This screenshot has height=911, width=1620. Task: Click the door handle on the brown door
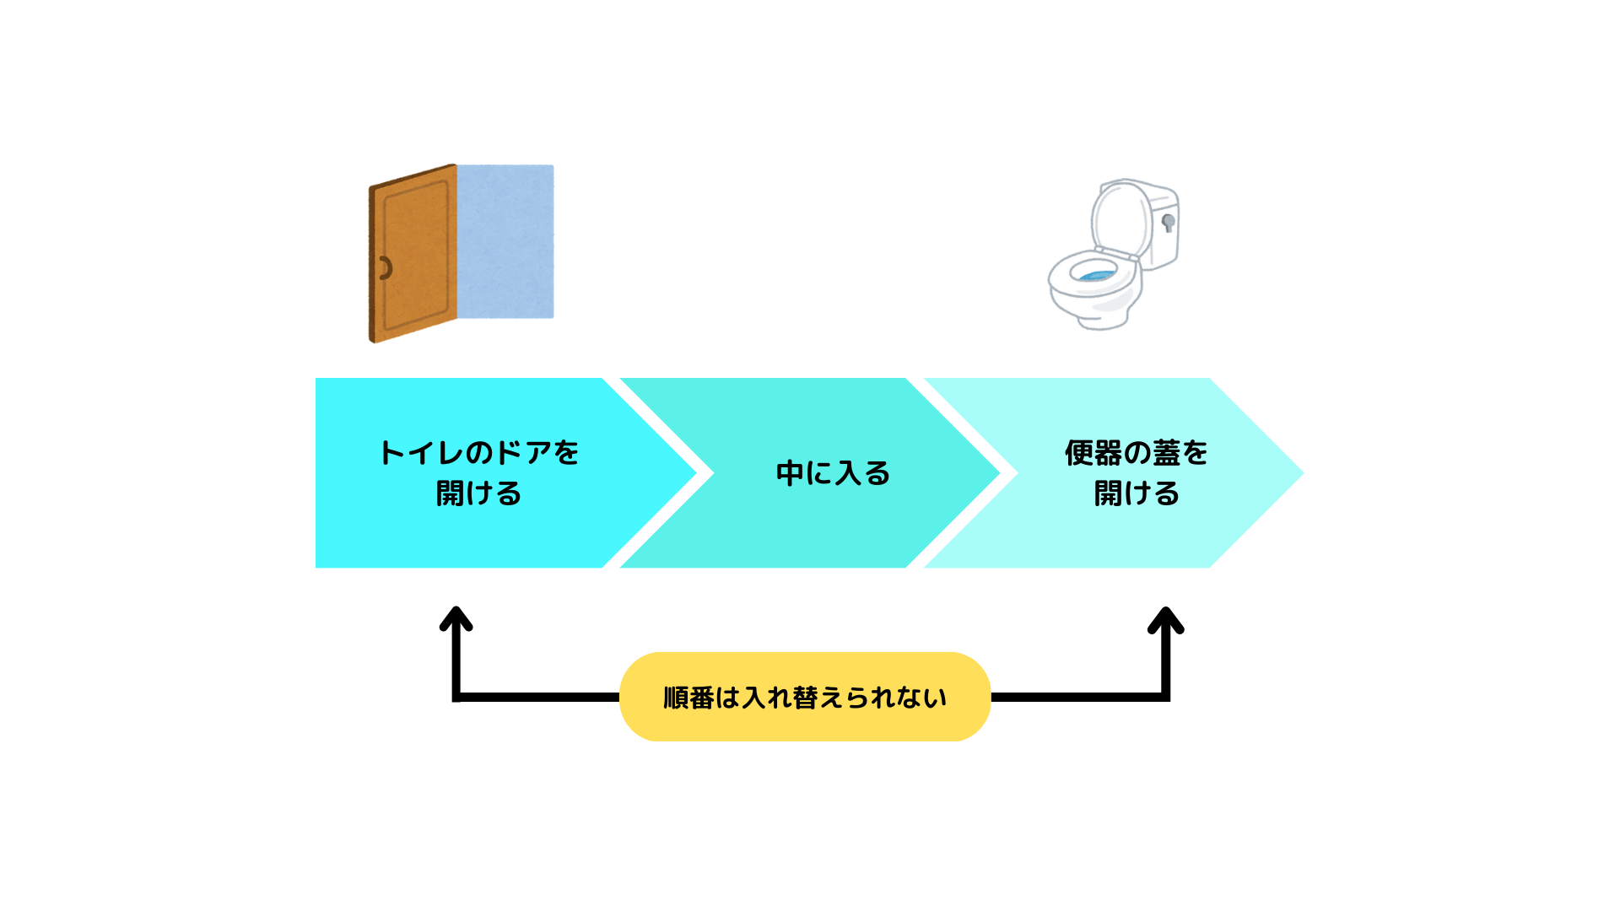385,268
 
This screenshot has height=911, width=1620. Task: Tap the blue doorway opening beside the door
505,241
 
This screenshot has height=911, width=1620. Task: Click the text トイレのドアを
478,453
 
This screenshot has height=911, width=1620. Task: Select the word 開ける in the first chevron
478,493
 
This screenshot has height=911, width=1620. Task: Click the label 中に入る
833,473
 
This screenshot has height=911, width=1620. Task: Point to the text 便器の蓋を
1136,453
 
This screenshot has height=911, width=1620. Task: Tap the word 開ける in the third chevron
1136,493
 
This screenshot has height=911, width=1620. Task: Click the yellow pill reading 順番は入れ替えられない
805,697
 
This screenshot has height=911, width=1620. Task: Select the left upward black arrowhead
456,619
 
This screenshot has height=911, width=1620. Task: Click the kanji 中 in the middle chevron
790,473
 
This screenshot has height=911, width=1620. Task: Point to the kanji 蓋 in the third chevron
1166,453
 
